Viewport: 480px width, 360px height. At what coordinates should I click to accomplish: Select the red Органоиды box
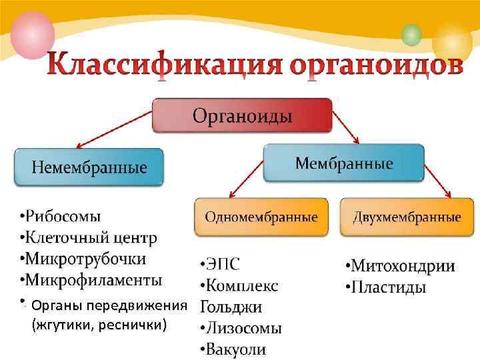point(242,115)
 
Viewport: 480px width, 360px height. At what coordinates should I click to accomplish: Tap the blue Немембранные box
point(89,167)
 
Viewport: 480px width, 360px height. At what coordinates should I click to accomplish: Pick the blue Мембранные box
point(343,163)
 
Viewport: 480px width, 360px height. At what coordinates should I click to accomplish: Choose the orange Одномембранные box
point(261,217)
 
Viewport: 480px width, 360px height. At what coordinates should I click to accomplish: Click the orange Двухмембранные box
point(407,217)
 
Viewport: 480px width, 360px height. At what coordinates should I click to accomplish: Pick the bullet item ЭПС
point(219,265)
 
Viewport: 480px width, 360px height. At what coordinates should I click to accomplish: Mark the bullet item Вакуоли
point(233,349)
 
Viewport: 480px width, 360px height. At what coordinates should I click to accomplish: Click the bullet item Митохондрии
point(401,267)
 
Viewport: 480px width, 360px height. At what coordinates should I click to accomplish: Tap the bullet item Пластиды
point(386,288)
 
